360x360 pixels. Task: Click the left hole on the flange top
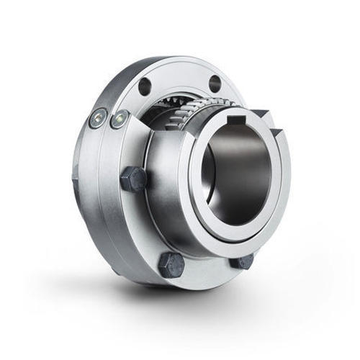coord(145,86)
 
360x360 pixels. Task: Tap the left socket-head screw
coord(97,120)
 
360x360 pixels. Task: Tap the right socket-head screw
coord(118,118)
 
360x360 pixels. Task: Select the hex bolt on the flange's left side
coord(133,179)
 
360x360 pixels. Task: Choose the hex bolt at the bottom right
coord(241,260)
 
